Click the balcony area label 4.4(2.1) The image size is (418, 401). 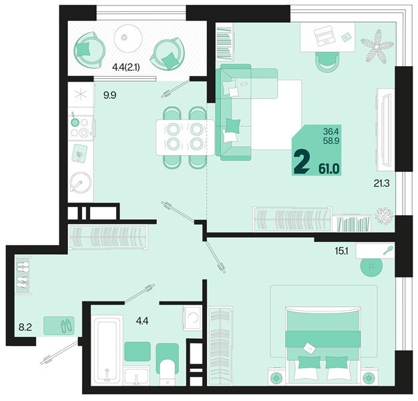(126, 68)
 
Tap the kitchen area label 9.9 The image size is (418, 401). (110, 95)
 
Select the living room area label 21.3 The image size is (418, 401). (381, 183)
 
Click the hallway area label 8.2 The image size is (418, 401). (25, 327)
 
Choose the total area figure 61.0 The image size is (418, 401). (329, 169)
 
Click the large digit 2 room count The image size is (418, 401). (302, 162)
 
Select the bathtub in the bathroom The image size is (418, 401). (107, 350)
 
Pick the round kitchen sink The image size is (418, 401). (81, 182)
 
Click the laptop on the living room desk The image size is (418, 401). (325, 35)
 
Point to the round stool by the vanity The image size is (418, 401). (371, 265)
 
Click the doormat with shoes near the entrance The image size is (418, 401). (59, 325)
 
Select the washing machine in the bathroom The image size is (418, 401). (192, 318)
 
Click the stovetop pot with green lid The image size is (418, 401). (75, 122)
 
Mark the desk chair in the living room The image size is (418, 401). (327, 62)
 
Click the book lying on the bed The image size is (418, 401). (310, 348)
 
